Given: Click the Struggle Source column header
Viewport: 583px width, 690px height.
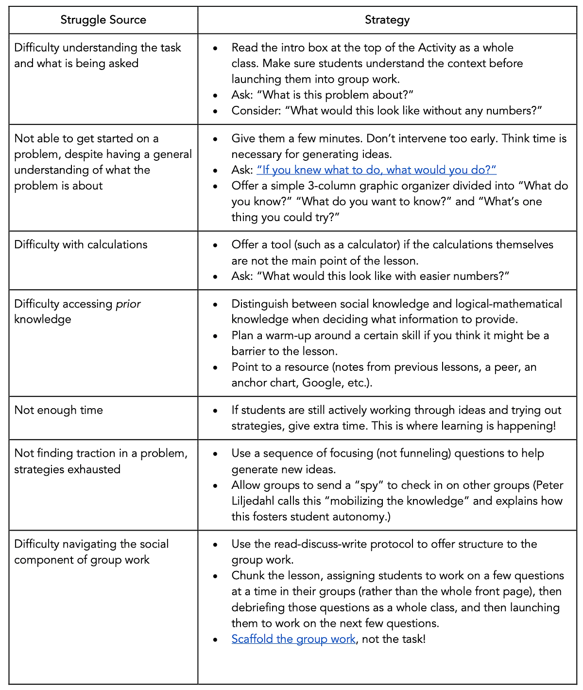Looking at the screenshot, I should click(x=103, y=20).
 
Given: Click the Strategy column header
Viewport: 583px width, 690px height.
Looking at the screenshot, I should click(x=387, y=20).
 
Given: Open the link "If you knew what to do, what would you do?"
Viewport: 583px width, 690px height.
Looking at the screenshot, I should click(x=377, y=170).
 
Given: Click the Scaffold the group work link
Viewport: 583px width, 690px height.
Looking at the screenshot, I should click(x=293, y=639).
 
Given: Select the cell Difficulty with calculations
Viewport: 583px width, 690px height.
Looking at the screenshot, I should click(x=81, y=244).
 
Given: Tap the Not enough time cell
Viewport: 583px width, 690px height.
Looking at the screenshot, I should click(x=58, y=410).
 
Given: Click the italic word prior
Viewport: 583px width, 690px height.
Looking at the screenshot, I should click(x=128, y=304).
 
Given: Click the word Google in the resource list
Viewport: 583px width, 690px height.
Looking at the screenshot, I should click(x=322, y=383).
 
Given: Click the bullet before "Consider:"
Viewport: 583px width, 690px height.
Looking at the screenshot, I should click(x=215, y=111).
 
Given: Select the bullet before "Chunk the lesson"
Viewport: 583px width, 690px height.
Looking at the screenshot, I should click(x=215, y=576).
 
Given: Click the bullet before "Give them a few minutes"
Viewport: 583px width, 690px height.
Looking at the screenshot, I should click(x=215, y=139).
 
